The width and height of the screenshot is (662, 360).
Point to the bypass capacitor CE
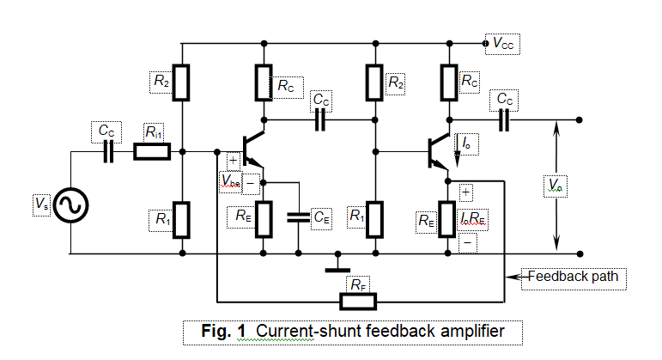(x=298, y=218)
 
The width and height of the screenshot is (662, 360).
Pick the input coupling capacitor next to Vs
(x=109, y=153)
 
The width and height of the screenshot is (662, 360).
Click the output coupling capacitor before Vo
(x=505, y=120)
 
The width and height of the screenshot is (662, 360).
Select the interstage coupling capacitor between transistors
(x=321, y=120)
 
